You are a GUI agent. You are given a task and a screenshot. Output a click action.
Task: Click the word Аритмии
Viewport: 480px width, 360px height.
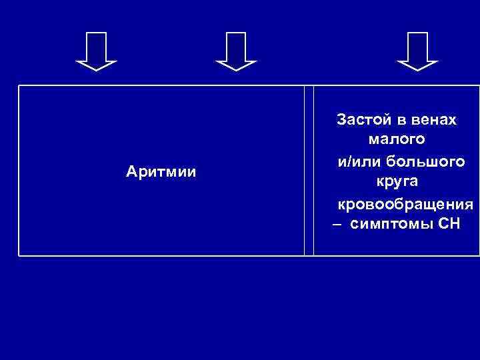coord(161,172)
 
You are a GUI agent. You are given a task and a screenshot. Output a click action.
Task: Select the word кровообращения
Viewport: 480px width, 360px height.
coord(405,203)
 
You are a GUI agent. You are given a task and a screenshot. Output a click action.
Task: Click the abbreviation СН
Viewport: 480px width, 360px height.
coord(449,224)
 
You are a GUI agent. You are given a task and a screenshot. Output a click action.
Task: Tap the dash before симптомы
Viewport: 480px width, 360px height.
coord(337,225)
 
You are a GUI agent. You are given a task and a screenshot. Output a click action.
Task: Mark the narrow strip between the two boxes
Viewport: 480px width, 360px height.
coord(309,171)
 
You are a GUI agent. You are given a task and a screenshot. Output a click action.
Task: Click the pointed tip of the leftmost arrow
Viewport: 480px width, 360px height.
coord(96,69)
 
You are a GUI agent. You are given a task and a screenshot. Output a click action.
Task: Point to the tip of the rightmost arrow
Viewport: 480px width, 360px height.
coord(417,69)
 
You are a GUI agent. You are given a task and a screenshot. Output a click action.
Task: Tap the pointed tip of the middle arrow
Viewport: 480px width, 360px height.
coord(236,69)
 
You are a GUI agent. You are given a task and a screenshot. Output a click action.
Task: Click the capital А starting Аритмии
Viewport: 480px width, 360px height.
coord(131,172)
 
